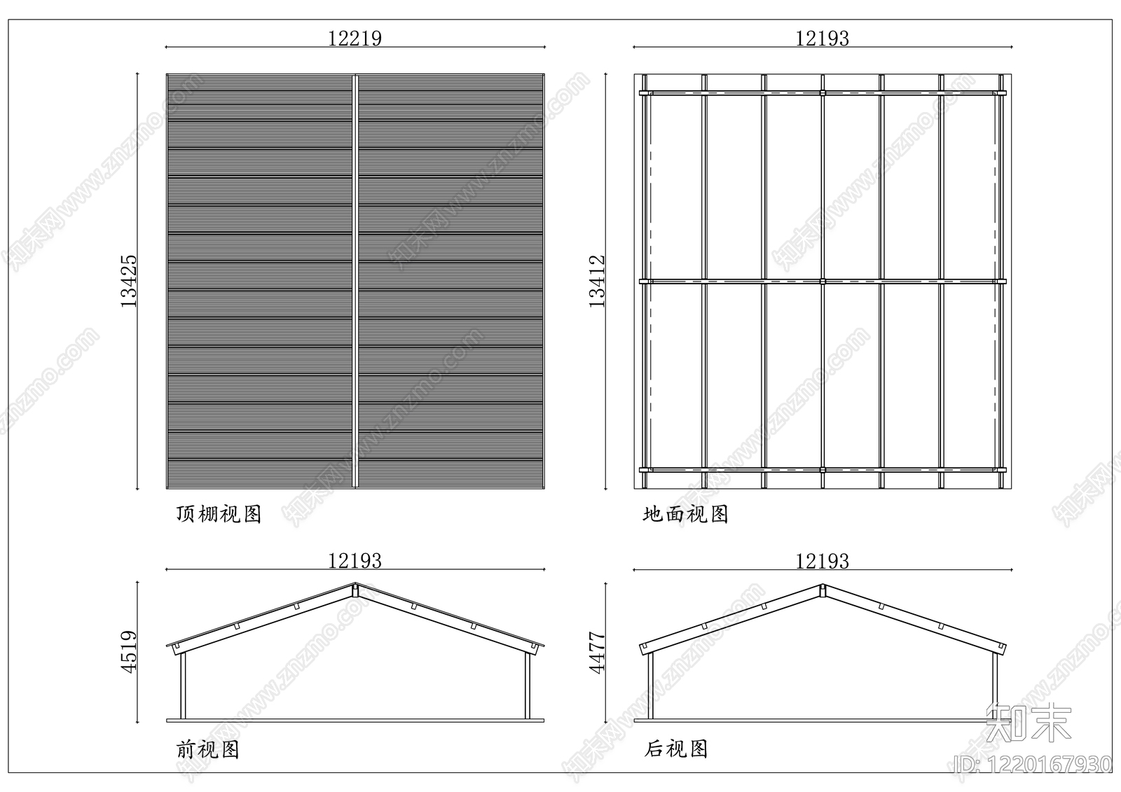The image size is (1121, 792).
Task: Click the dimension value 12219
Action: [355, 39]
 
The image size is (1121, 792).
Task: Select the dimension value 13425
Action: [129, 282]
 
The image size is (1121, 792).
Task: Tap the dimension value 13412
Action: [596, 282]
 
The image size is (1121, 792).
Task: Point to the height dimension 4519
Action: [129, 652]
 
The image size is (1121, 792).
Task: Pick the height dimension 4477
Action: [596, 653]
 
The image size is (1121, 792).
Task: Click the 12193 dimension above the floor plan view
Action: [823, 39]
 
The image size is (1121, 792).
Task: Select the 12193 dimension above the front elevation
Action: [355, 561]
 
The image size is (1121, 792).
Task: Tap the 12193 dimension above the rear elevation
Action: [823, 562]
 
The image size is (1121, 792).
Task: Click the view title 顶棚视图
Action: [219, 514]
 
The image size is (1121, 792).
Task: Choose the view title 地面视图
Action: [686, 514]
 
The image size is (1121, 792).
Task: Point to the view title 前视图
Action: [207, 749]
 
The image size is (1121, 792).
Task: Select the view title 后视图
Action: [675, 749]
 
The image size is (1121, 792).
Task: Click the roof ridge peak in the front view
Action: [355, 583]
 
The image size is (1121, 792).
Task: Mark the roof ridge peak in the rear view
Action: [823, 585]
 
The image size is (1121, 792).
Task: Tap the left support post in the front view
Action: [183, 686]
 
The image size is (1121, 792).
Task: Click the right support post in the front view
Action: [528, 686]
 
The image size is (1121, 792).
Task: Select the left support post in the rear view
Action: [651, 686]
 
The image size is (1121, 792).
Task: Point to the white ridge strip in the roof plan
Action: [355, 282]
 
